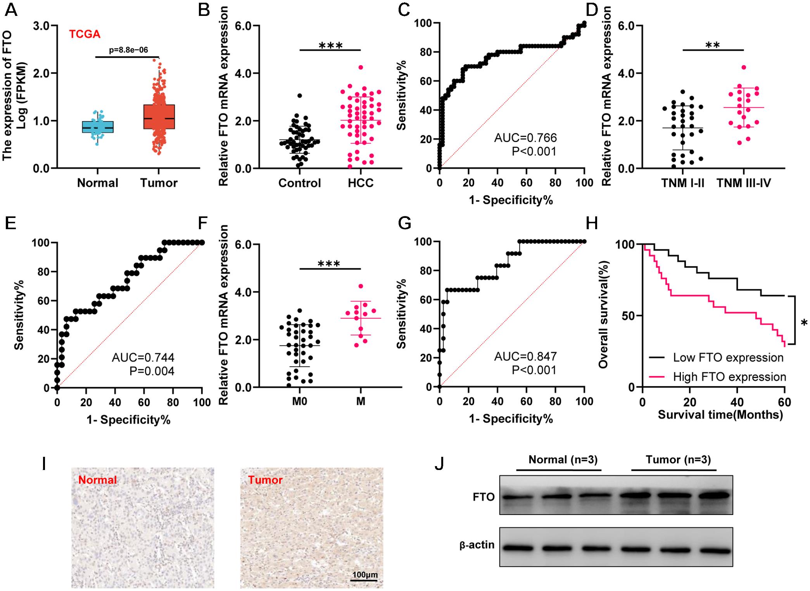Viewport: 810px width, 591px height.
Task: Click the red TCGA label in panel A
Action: pos(85,35)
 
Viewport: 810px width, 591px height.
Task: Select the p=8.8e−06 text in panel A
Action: pos(128,50)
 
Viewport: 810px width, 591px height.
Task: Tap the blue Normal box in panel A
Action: pos(98,127)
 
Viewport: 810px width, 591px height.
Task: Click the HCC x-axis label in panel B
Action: pos(360,183)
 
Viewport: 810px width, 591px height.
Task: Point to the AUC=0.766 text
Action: pos(525,138)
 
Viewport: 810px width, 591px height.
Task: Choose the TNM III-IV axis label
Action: pos(743,183)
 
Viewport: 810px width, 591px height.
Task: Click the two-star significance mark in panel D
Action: pos(713,45)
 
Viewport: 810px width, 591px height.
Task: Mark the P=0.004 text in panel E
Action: pos(152,371)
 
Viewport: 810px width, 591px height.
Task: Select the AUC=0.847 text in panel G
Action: pos(525,356)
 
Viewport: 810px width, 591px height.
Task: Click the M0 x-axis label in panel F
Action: pos(299,401)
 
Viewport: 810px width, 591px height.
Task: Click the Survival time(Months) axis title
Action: pos(720,415)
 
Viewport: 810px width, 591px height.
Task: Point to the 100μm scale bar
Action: pos(364,575)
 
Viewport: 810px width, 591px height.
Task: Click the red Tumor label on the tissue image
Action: pos(265,480)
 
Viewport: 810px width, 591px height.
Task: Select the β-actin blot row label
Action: pos(477,545)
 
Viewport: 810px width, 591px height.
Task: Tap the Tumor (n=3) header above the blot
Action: pos(678,460)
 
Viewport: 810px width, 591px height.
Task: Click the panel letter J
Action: pos(439,464)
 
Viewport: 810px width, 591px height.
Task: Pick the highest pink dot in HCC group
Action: pos(361,67)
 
